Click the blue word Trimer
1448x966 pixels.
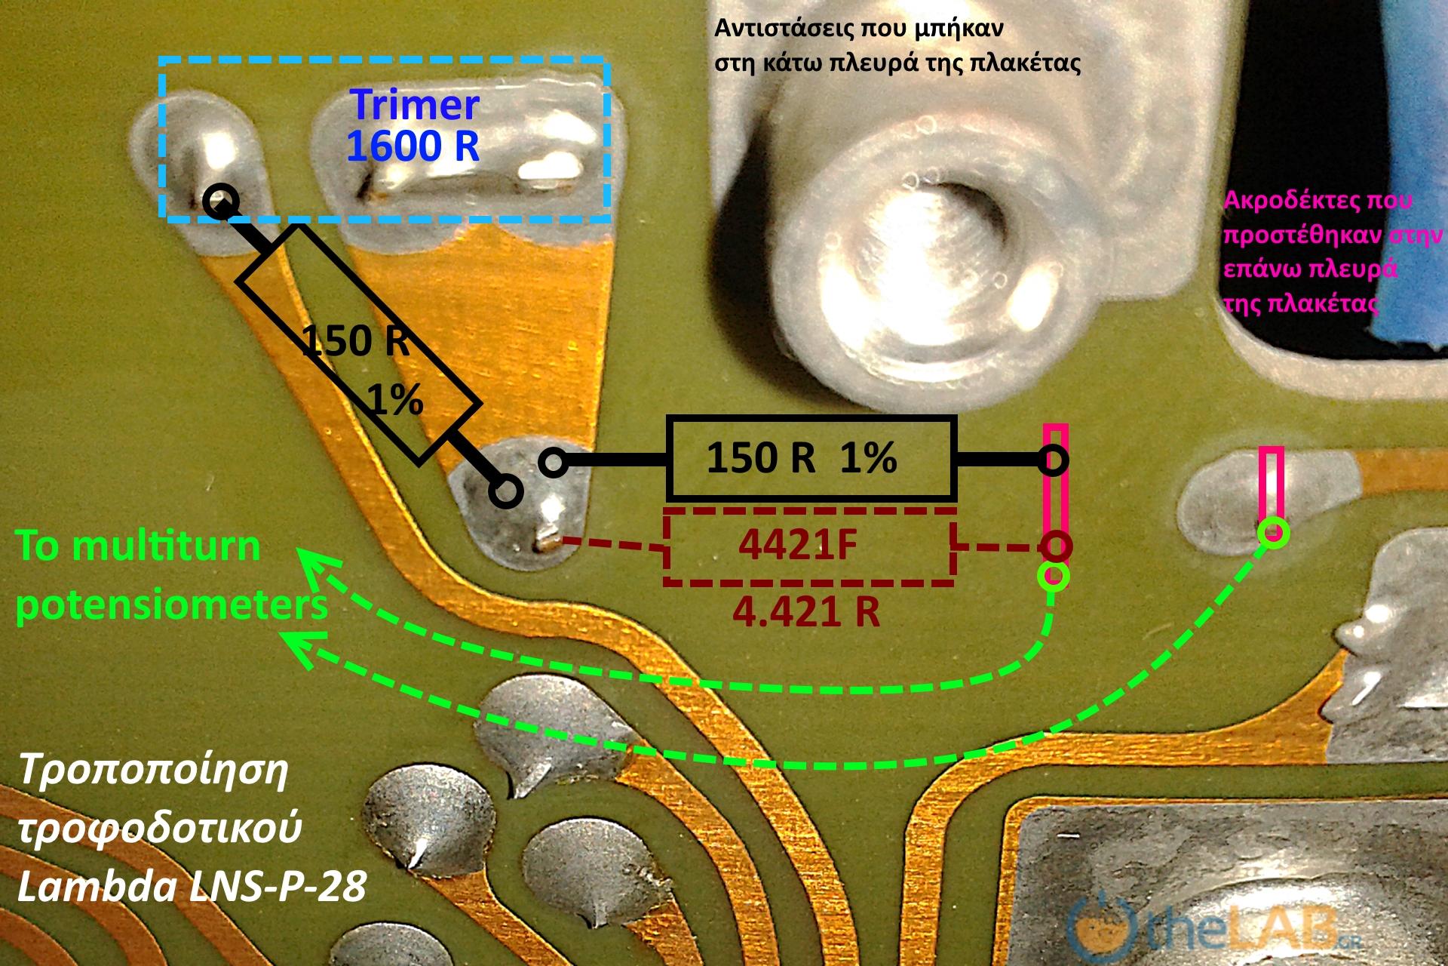click(415, 106)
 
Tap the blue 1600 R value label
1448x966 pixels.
click(413, 146)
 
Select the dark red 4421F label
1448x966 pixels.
click(799, 546)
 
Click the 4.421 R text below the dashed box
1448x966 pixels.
click(806, 612)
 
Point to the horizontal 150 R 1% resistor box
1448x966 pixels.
click(811, 458)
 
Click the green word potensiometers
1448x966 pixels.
click(172, 605)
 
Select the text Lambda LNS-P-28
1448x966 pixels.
click(192, 888)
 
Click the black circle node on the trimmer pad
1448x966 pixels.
click(221, 201)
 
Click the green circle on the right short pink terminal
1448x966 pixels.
click(1273, 532)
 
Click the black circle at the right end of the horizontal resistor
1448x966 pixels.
click(1054, 460)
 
